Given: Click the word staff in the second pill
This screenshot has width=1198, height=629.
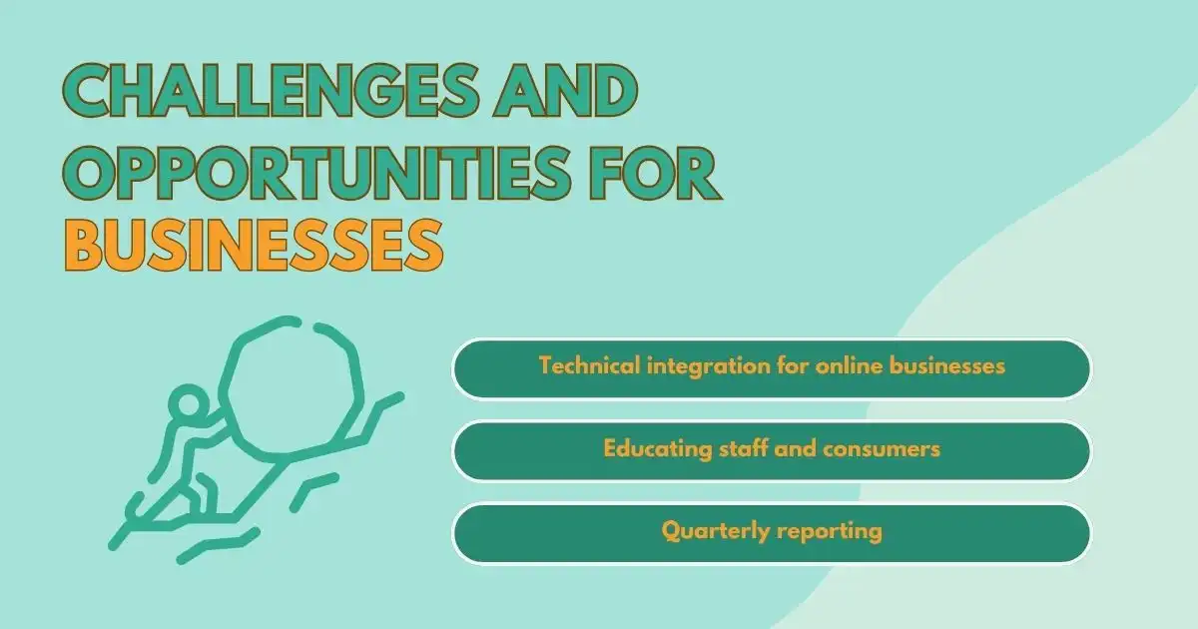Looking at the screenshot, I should click(740, 449).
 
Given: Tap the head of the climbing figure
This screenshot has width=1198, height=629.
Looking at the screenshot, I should click(186, 407).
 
